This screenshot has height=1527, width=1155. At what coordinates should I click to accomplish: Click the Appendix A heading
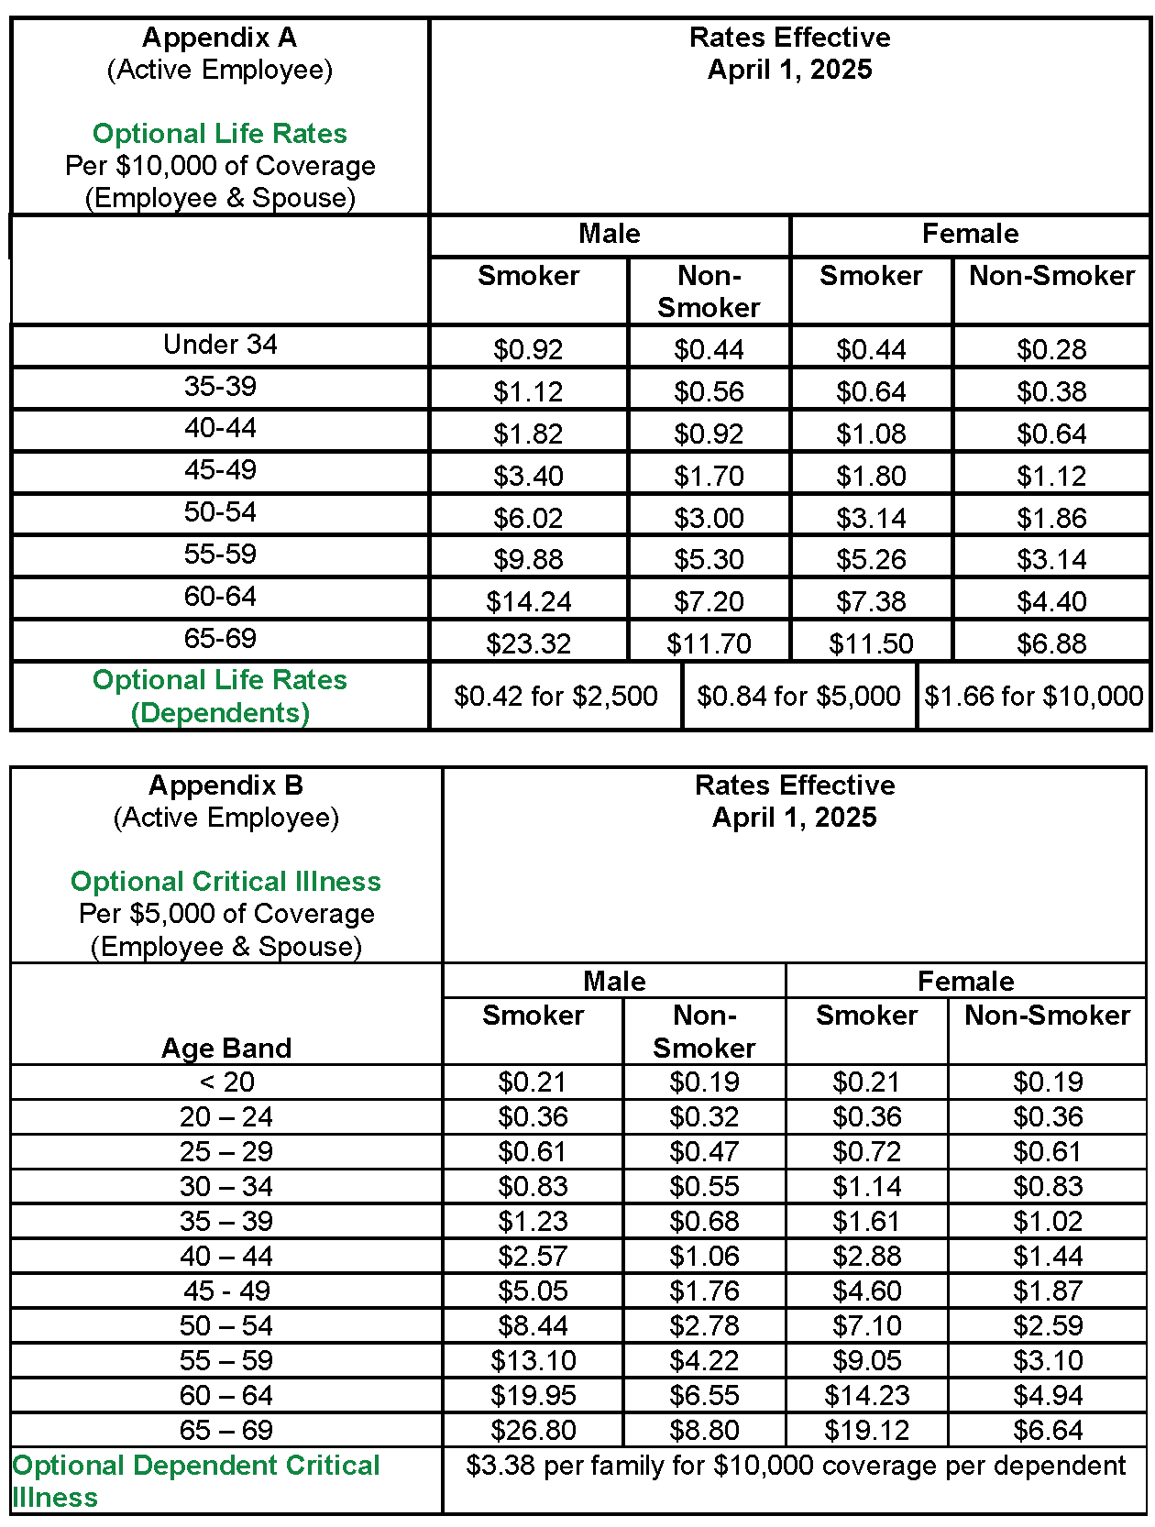pyautogui.click(x=220, y=38)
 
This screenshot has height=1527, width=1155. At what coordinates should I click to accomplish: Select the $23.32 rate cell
pyautogui.click(x=528, y=643)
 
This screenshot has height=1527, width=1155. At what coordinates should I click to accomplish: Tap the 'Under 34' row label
pyautogui.click(x=220, y=345)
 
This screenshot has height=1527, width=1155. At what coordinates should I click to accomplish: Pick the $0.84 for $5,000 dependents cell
pyautogui.click(x=798, y=697)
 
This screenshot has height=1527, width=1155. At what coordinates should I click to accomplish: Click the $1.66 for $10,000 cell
pyautogui.click(x=1033, y=697)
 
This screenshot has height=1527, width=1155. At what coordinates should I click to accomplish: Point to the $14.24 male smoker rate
pyautogui.click(x=528, y=601)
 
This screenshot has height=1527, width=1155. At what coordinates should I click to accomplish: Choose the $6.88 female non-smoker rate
pyautogui.click(x=1051, y=643)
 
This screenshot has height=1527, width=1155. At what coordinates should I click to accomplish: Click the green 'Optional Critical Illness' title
pyautogui.click(x=225, y=882)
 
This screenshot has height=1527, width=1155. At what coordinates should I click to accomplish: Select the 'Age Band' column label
pyautogui.click(x=226, y=1048)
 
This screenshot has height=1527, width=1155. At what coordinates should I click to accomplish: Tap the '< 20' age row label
pyautogui.click(x=226, y=1082)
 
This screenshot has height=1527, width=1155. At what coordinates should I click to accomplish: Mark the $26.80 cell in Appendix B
pyautogui.click(x=533, y=1431)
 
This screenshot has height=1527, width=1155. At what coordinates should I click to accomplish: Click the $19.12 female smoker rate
pyautogui.click(x=866, y=1431)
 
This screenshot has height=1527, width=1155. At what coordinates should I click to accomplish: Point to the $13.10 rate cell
pyautogui.click(x=533, y=1361)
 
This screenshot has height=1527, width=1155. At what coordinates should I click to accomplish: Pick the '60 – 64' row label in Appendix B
pyautogui.click(x=226, y=1396)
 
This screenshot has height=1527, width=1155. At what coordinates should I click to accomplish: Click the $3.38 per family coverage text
pyautogui.click(x=795, y=1466)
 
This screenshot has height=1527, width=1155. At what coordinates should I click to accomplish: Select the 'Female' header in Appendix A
pyautogui.click(x=970, y=234)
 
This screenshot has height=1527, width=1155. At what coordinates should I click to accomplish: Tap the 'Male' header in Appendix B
pyautogui.click(x=614, y=982)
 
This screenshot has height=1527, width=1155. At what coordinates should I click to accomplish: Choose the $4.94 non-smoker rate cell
pyautogui.click(x=1048, y=1396)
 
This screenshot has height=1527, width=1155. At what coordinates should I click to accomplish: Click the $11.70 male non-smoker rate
pyautogui.click(x=709, y=643)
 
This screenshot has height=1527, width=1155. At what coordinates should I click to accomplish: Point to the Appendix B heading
pyautogui.click(x=225, y=785)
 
